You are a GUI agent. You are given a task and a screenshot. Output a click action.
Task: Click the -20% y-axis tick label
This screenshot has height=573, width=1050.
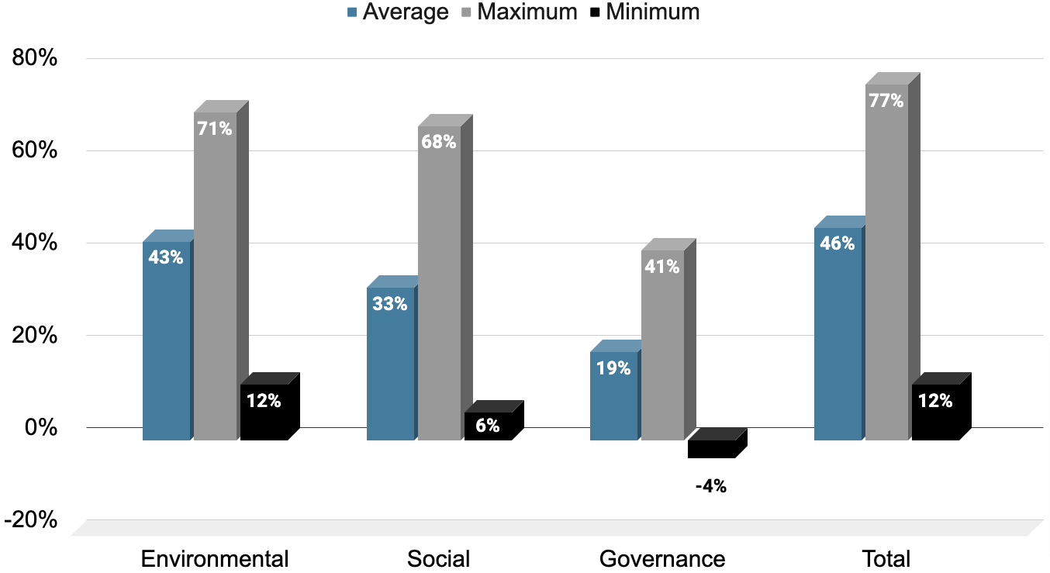click(x=31, y=520)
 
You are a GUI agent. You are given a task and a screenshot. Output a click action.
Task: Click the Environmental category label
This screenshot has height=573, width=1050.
click(x=215, y=559)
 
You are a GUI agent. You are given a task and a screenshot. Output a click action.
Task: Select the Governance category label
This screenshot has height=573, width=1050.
click(x=662, y=559)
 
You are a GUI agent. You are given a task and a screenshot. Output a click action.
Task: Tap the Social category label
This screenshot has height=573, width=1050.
click(x=438, y=559)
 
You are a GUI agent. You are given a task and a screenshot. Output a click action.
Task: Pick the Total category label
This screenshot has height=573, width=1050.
click(x=886, y=559)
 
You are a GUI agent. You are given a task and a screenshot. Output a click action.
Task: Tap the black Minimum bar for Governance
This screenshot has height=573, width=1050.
click(x=710, y=448)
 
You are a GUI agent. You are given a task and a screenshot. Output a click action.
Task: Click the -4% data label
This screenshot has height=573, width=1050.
click(x=710, y=487)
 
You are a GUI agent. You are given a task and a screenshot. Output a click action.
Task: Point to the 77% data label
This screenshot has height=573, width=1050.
click(x=886, y=101)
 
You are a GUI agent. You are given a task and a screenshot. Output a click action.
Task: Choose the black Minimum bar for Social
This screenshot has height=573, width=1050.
click(x=488, y=426)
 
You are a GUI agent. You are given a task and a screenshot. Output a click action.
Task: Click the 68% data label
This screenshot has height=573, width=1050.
click(x=438, y=142)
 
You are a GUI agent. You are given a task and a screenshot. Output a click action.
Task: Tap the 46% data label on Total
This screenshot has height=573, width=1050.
click(x=838, y=243)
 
